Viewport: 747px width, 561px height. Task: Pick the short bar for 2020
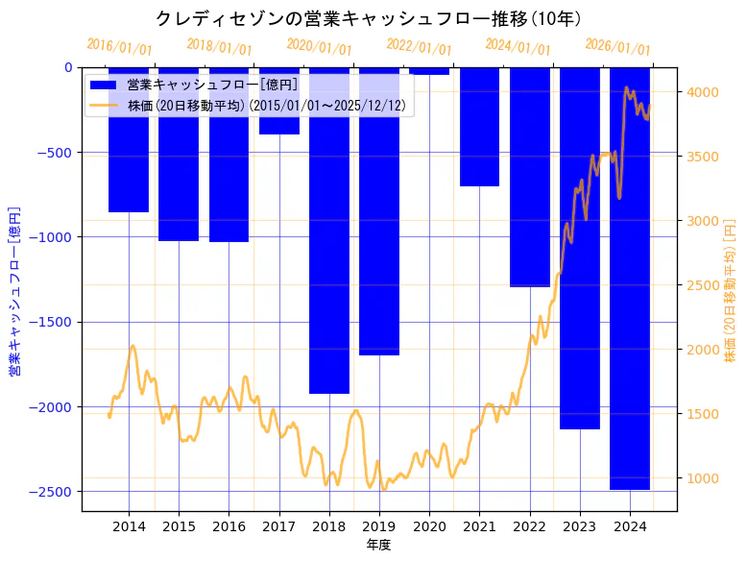[x=429, y=71]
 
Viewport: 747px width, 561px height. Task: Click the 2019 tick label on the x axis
[x=379, y=526]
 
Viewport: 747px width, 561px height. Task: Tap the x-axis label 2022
[x=529, y=526]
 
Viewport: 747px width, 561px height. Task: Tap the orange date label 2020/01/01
[x=319, y=46]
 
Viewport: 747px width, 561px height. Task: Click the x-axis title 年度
[x=379, y=545]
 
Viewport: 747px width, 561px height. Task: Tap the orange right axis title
[x=731, y=289]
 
